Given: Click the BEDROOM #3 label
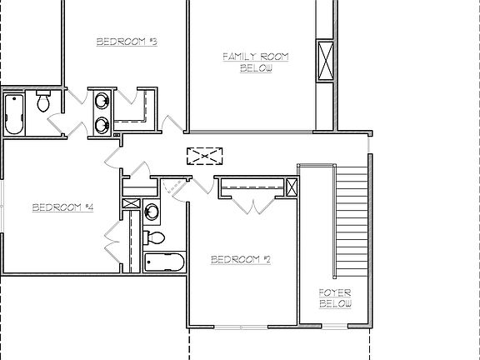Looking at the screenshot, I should [x=127, y=41].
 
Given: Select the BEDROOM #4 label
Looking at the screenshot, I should [x=62, y=207].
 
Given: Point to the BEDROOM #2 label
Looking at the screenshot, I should [x=241, y=259].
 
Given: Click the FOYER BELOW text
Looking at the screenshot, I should [x=335, y=297].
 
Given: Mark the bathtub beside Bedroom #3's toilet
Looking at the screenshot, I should [x=14, y=113].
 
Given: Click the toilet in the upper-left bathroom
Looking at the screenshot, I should [x=42, y=102].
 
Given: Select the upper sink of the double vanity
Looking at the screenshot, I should [x=101, y=102].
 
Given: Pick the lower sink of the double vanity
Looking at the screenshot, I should [x=101, y=125].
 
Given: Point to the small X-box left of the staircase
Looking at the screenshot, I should [x=291, y=187].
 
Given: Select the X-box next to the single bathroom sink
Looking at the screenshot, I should [x=132, y=203].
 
